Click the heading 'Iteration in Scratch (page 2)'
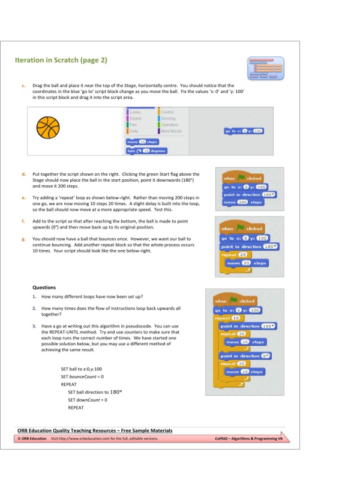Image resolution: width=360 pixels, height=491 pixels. tap(61, 61)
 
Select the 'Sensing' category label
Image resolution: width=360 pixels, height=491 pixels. tap(168, 119)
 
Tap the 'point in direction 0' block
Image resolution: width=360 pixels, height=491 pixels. tap(241, 356)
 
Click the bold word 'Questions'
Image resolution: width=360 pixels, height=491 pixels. tap(44, 287)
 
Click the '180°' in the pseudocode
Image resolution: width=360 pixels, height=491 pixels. tap(117, 392)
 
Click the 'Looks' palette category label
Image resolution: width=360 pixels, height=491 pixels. tap(136, 113)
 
